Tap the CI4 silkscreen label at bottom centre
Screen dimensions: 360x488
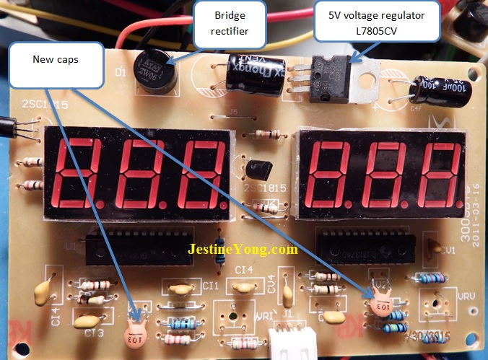pos(244,270)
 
